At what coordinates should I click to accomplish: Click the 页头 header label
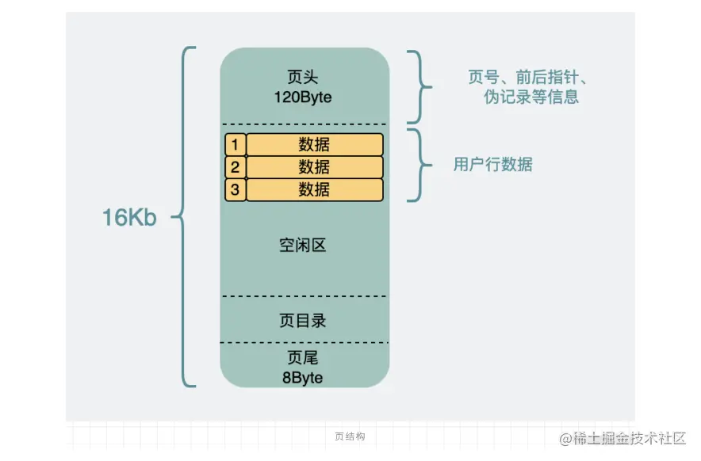[304, 77]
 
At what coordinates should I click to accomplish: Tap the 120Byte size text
[304, 97]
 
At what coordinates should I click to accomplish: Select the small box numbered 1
[235, 145]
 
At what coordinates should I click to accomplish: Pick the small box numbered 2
[235, 167]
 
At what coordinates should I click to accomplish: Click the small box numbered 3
[235, 189]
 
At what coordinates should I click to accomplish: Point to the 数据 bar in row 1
[315, 145]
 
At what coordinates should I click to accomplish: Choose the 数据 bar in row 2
[315, 167]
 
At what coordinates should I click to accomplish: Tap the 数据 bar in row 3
[315, 189]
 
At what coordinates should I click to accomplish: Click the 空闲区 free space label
[303, 246]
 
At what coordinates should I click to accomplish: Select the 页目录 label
[303, 321]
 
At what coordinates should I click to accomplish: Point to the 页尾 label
[303, 359]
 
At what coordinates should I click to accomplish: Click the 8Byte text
[303, 378]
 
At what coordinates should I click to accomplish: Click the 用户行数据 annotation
[493, 165]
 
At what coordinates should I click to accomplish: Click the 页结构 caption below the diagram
[350, 436]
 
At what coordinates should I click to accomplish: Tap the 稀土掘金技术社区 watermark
[622, 438]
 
